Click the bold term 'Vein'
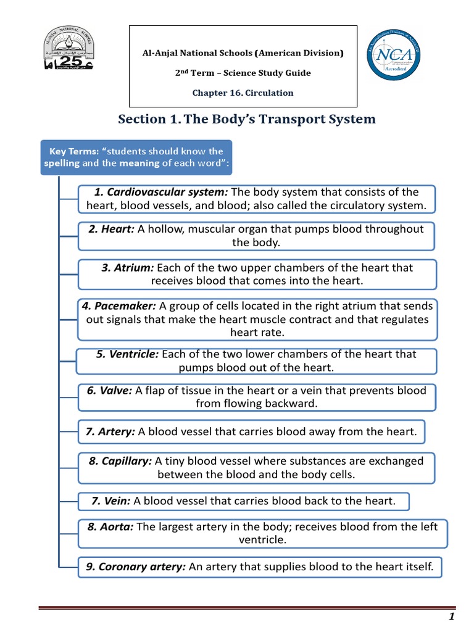coord(111,501)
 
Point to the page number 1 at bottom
coord(452,617)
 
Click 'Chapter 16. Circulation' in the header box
coord(243,93)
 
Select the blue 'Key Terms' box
coord(136,157)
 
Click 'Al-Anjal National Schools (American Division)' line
coord(243,53)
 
